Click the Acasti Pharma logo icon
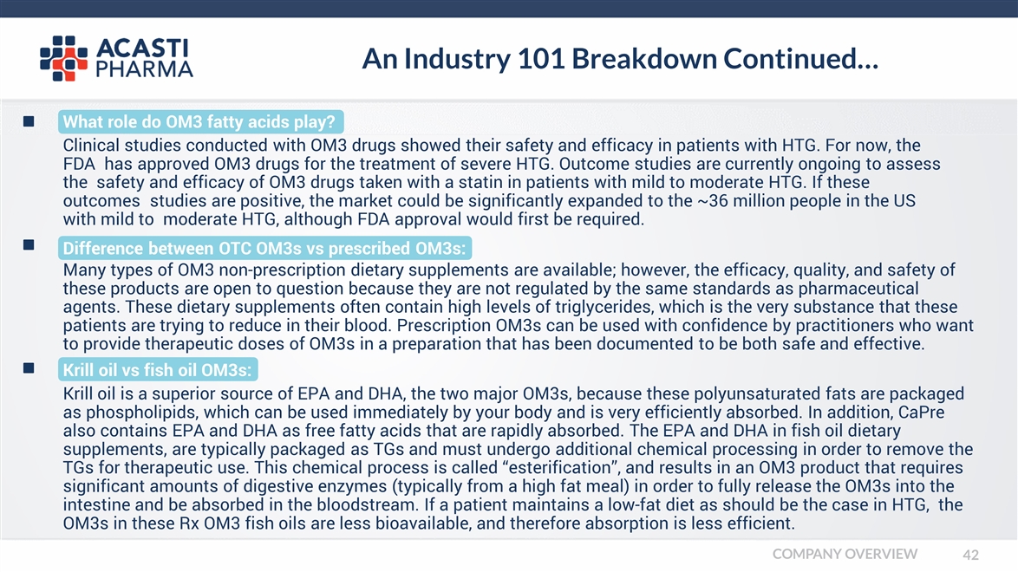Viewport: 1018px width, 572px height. coord(63,58)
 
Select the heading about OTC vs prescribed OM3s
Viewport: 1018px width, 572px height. coord(265,249)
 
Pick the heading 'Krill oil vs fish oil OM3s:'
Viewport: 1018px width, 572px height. coord(158,371)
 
